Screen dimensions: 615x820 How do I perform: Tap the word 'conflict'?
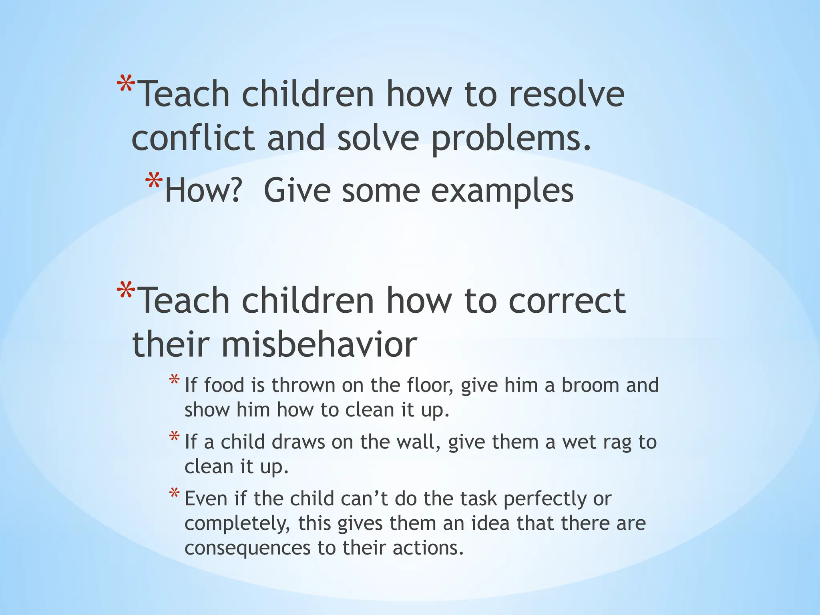point(193,138)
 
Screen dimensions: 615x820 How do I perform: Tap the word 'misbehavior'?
point(319,345)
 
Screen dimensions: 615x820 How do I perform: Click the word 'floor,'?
point(430,386)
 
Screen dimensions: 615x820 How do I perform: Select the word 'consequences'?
point(247,548)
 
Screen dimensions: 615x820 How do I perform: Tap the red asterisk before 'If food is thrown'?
point(174,380)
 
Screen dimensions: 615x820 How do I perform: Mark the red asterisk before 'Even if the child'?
point(174,493)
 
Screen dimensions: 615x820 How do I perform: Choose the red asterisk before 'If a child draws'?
point(174,437)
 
